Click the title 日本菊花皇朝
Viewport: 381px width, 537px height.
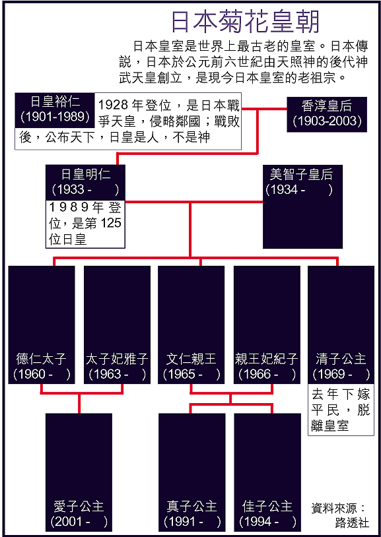tap(245, 22)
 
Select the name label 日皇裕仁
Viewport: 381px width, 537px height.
tap(55, 102)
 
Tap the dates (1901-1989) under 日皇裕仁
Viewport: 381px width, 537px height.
tap(55, 117)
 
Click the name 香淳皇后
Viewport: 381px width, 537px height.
tap(327, 106)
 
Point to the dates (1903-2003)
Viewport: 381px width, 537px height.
tap(327, 121)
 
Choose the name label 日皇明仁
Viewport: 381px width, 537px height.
tap(86, 175)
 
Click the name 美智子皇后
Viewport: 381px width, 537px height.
tap(301, 175)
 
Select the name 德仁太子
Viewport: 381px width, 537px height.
tap(41, 359)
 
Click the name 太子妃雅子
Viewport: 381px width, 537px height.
tap(117, 359)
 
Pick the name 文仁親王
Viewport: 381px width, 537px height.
tap(191, 359)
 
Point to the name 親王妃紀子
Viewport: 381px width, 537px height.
tap(267, 359)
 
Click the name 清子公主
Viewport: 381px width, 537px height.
tap(341, 359)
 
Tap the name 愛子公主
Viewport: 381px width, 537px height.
tap(79, 506)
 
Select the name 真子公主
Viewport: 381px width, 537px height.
tap(191, 506)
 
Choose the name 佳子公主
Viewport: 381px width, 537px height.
tap(267, 506)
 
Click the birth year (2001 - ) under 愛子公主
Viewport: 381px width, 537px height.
tap(79, 522)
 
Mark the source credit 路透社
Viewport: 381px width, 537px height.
tap(352, 523)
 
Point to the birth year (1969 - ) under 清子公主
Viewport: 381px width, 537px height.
tap(341, 374)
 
